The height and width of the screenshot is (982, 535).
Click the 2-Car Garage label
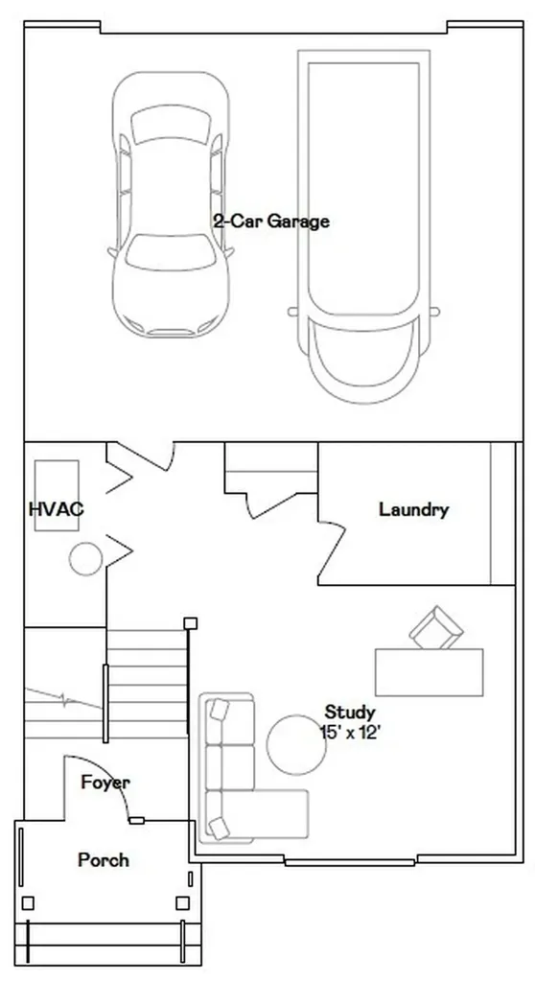point(271,222)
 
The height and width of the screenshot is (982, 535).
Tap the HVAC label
point(56,508)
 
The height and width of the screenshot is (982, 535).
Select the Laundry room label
point(413,509)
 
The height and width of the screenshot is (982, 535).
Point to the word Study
point(350,713)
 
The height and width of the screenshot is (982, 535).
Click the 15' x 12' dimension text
point(351,732)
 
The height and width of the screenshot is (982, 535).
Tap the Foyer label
point(105,783)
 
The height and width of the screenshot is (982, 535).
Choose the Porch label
point(104,860)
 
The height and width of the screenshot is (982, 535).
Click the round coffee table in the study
point(296,744)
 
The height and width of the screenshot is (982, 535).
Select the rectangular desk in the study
point(430,672)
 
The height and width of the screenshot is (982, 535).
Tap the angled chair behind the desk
point(436,627)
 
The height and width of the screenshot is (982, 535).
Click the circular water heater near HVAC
point(86,559)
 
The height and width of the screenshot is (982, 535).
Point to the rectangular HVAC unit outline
point(57,496)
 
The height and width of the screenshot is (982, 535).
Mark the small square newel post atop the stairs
point(191,623)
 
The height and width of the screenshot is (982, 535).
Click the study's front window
point(350,862)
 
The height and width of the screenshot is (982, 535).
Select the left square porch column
point(28,903)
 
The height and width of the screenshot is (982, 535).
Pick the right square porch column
point(182,903)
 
